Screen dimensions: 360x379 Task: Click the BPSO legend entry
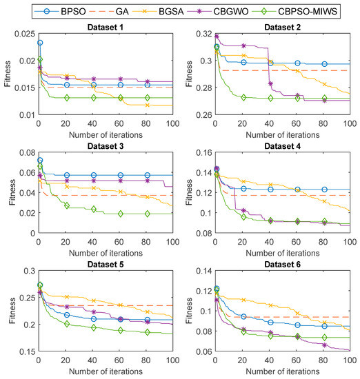coord(60,11)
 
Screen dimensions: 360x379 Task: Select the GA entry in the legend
coord(109,11)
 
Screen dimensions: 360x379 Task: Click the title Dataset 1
coord(106,28)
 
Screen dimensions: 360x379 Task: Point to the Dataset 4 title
coord(282,146)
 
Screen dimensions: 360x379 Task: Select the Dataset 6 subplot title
coord(282,265)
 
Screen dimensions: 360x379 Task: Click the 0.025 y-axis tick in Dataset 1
coord(25,34)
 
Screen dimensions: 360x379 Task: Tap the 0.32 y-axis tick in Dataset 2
coord(204,34)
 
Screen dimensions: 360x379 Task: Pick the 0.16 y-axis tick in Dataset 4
coord(204,153)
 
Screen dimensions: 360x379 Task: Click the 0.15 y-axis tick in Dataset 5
coord(29,351)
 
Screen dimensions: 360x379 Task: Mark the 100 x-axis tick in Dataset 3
coord(172,242)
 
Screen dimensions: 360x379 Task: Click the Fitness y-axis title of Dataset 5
coord(12,311)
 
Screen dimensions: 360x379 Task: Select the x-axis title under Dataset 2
coord(283,135)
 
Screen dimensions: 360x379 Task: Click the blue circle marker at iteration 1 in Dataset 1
coord(40,43)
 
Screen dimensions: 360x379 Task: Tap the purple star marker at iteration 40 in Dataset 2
coord(270,83)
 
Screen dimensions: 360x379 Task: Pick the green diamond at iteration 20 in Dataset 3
coord(67,206)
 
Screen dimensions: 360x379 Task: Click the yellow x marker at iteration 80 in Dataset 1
coord(147,105)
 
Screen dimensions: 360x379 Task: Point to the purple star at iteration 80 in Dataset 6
coord(324,345)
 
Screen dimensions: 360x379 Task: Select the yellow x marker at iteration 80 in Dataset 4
coord(324,201)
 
